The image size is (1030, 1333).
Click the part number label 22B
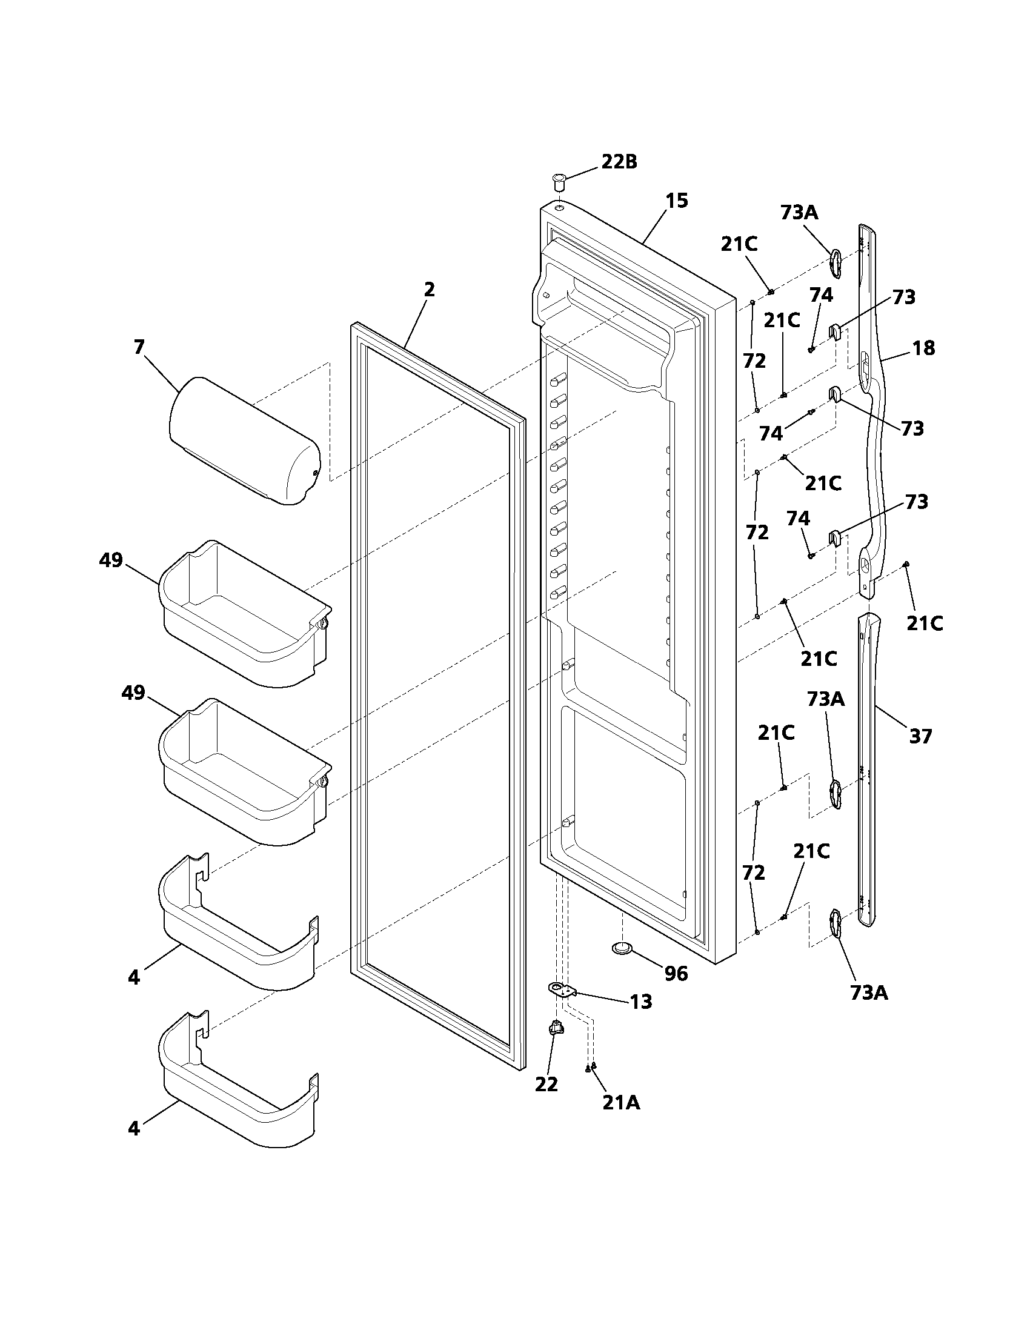(x=619, y=162)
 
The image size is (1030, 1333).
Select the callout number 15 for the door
(x=676, y=201)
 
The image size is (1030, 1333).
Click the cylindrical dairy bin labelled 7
(x=244, y=440)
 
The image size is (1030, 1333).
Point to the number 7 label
(x=139, y=347)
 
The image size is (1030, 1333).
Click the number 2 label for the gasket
(x=430, y=289)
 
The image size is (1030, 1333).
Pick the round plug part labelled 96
(x=622, y=965)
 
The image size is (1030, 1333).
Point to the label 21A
(x=621, y=1103)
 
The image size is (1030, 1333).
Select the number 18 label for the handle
(x=923, y=348)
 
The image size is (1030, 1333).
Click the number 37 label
(x=921, y=737)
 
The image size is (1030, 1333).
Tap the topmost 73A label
(x=799, y=213)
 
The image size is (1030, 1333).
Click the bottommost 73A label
(x=869, y=994)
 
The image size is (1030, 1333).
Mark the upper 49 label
(x=111, y=560)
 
